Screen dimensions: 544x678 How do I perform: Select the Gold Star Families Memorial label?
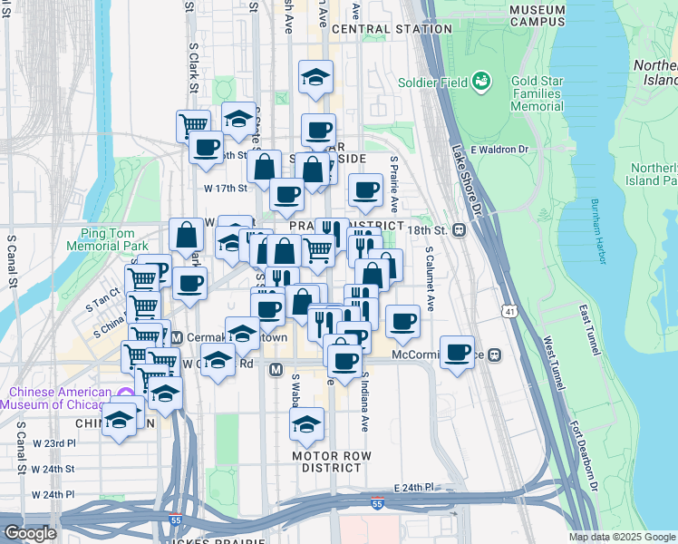pos(548,93)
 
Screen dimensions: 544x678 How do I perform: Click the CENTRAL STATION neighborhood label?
pos(392,29)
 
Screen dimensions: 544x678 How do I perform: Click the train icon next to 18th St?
pos(460,229)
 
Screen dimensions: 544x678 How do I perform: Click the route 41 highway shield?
pos(512,312)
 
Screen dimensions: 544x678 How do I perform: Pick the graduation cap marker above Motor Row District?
pos(307,424)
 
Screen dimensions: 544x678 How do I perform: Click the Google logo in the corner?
pos(30,533)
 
